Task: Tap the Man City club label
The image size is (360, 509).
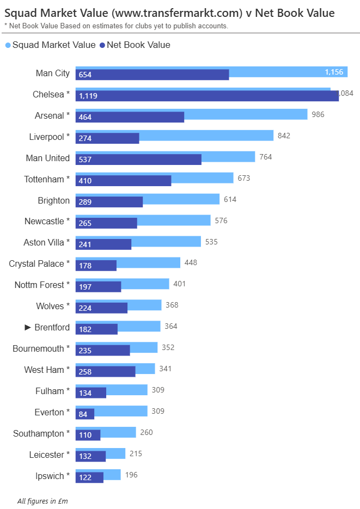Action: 53,73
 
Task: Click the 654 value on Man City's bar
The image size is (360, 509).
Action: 85,75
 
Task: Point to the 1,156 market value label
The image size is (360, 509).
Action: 334,72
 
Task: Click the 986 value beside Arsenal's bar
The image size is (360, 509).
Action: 317,114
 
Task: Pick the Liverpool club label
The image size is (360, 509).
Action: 50,137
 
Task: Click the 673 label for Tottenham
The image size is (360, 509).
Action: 243,178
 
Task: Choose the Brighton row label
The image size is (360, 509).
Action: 54,200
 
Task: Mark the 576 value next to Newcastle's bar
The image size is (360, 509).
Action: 221,220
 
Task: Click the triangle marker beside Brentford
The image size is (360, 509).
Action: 28,327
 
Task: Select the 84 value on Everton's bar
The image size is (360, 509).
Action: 83,414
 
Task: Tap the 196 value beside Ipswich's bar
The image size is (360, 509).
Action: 131,475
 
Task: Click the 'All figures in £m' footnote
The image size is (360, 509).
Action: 42,500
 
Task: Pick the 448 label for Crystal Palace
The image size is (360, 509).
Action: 191,262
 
